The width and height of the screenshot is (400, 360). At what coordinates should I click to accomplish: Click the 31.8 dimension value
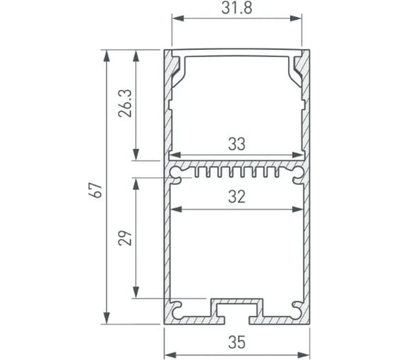point(236,8)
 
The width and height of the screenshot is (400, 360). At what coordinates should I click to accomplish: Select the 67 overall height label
point(96,190)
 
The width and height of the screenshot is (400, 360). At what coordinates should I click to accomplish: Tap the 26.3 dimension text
point(125,104)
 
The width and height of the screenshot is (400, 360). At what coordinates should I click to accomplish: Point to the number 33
point(236,144)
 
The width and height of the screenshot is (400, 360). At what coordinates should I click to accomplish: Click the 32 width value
point(236,196)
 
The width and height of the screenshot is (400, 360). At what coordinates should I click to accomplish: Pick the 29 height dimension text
point(125,238)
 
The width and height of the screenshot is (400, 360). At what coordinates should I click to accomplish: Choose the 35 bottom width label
point(236,342)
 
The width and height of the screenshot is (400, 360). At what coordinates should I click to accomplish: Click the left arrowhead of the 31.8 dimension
point(178,19)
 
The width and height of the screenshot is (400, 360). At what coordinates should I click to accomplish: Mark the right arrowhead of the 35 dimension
point(304,354)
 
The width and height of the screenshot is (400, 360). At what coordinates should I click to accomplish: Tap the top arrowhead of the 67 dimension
point(106,56)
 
